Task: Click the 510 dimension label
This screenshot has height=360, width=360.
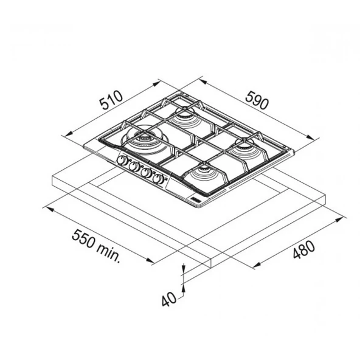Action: [x=111, y=100]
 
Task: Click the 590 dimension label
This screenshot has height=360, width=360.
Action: [x=257, y=100]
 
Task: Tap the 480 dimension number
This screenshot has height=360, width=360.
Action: [x=304, y=249]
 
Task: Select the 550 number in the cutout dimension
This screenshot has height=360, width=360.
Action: [x=83, y=239]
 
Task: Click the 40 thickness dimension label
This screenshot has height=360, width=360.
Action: [x=169, y=299]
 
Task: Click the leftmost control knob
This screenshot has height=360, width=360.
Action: [x=122, y=160]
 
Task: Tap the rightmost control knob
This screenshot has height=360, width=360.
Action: [x=158, y=179]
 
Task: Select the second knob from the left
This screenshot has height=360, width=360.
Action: [x=134, y=166]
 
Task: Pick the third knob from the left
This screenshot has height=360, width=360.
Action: [x=146, y=173]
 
